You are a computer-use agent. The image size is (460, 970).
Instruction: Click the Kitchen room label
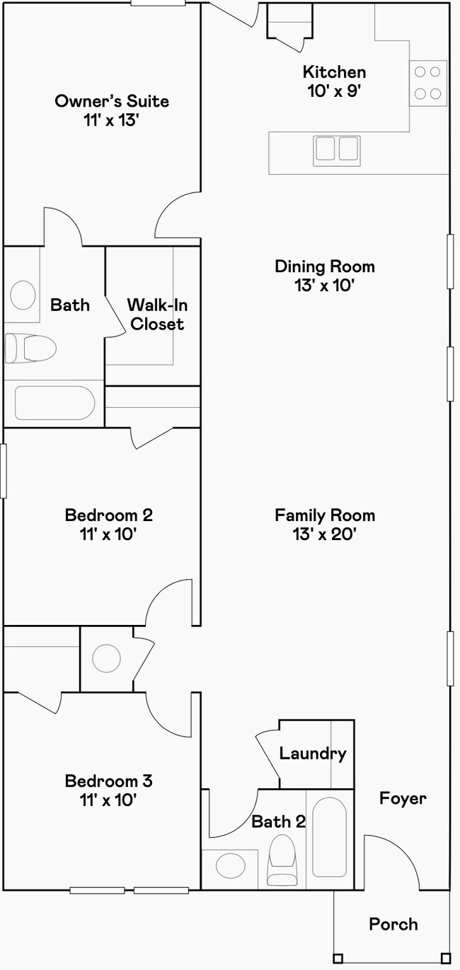coord(334,72)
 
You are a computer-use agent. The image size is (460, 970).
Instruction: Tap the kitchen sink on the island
coord(337,151)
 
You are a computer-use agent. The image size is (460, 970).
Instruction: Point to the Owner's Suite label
coord(112,101)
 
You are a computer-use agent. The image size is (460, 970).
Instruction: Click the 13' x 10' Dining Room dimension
coord(325,286)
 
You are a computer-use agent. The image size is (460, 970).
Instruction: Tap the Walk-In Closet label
coord(157,315)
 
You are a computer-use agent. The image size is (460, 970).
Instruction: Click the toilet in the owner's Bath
coord(30,348)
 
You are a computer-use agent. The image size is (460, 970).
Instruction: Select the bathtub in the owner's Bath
coord(54,403)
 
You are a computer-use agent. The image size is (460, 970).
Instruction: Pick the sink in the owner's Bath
coord(23,295)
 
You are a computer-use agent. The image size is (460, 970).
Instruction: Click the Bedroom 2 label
coord(109,515)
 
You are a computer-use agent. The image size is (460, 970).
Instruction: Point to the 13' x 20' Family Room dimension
coord(325,534)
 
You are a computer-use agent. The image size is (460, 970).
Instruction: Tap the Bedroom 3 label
coord(109,781)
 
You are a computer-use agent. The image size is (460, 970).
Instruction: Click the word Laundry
coord(313,754)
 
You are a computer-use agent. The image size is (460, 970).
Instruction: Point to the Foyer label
coord(403,798)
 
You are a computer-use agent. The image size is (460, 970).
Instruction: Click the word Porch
coord(393,925)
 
